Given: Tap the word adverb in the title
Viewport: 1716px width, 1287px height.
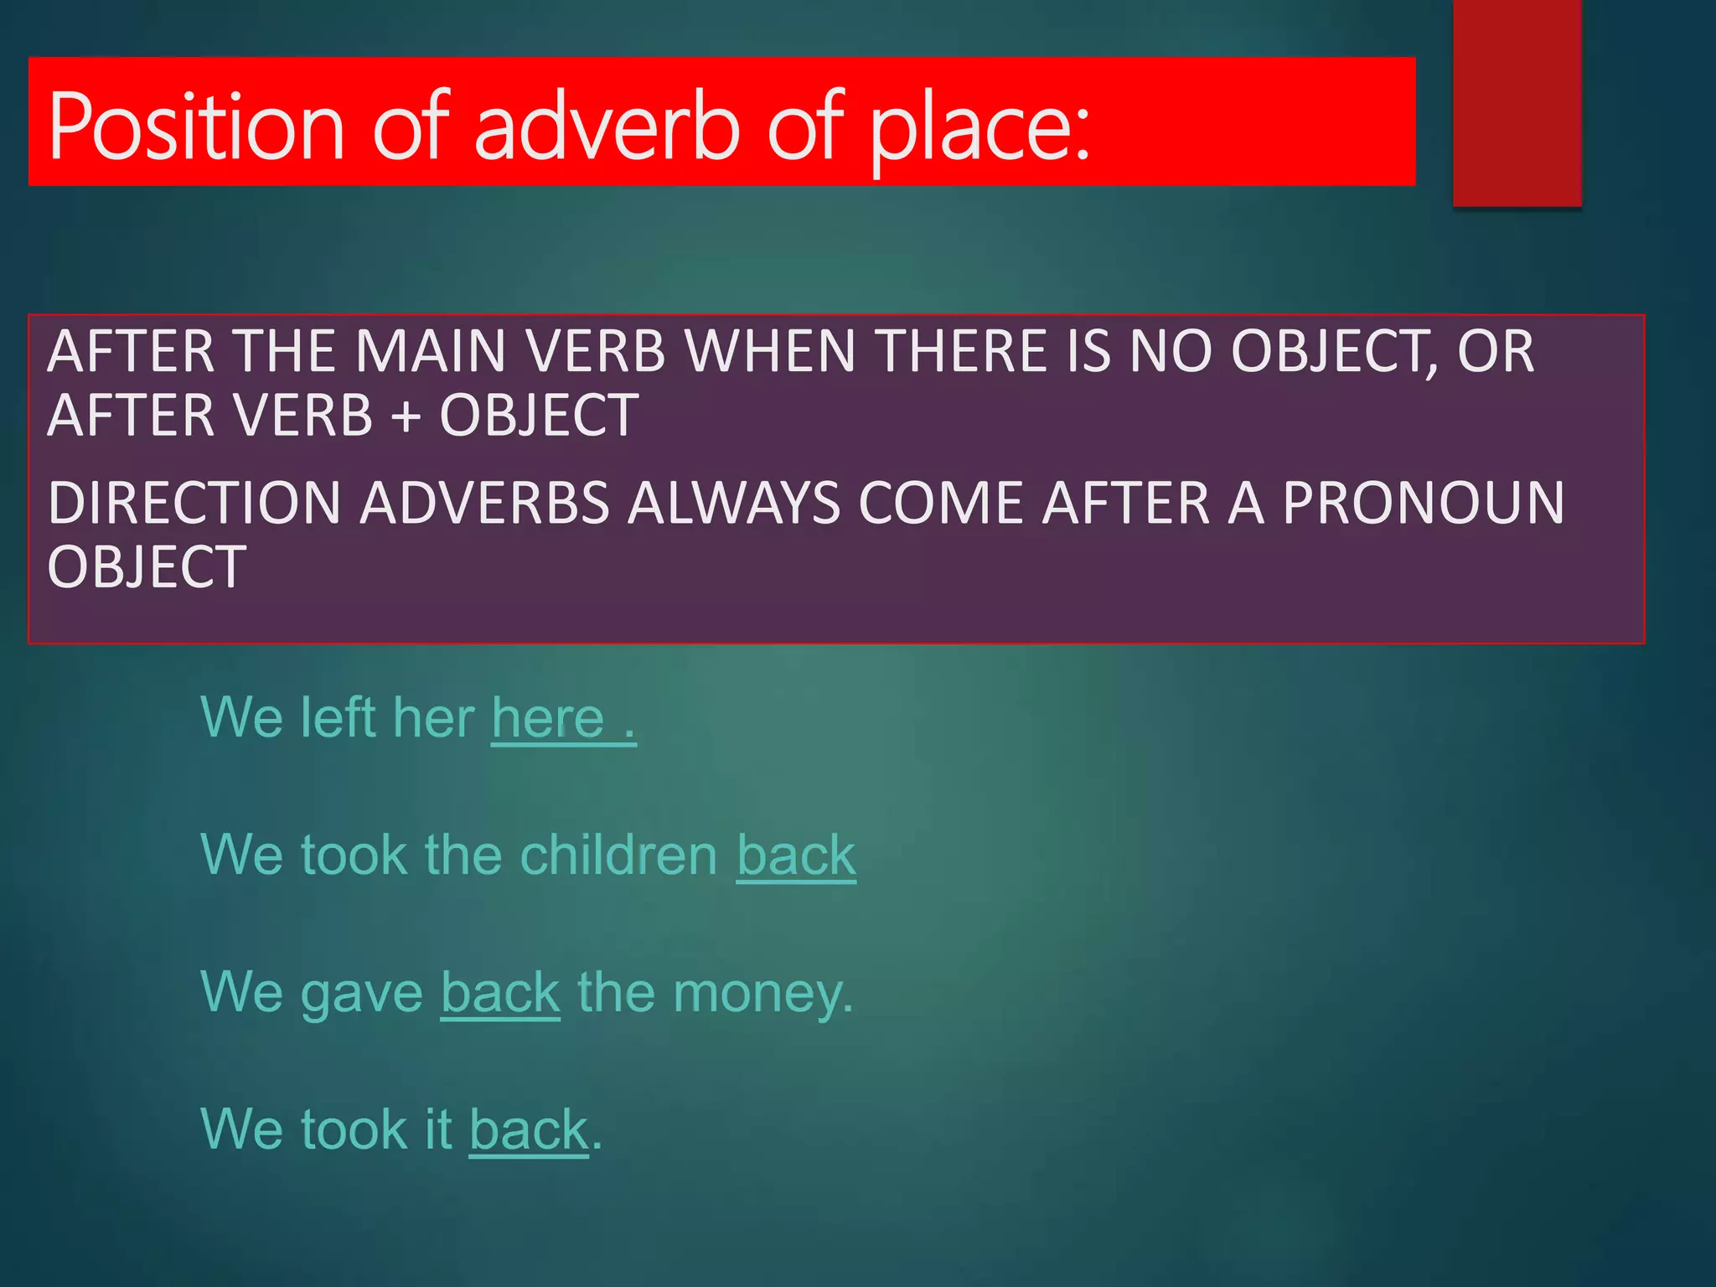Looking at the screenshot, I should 607,127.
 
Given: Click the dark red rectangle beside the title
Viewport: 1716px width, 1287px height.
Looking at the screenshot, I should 1517,102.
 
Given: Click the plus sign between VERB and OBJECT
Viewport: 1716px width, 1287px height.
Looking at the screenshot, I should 406,416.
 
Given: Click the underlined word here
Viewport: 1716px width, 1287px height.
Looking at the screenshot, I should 548,718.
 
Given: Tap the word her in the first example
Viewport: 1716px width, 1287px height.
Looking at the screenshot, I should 433,718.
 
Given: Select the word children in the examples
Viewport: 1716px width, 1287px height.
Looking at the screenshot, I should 618,855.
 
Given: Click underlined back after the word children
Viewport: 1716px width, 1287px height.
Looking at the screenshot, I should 796,855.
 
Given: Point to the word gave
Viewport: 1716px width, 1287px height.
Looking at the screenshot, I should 362,994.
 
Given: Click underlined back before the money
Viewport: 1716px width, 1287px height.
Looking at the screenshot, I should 500,993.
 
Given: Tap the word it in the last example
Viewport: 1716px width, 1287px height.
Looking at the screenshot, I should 438,1129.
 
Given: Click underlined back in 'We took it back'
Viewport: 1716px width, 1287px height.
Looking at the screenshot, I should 529,1130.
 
